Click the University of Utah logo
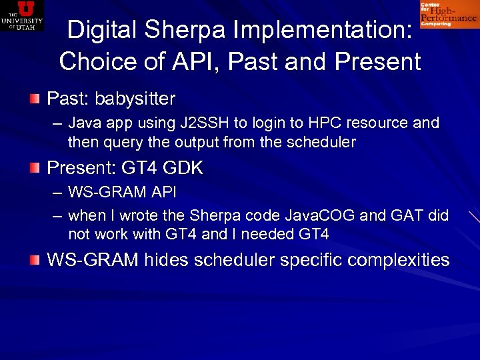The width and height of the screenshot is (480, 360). [22, 15]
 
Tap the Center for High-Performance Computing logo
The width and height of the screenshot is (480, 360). [448, 14]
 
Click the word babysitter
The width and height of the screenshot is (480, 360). [135, 99]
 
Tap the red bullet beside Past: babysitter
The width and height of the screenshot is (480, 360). [35, 99]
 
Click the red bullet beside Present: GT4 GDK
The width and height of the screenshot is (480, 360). [35, 168]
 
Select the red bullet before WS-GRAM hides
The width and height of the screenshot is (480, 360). [35, 259]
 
